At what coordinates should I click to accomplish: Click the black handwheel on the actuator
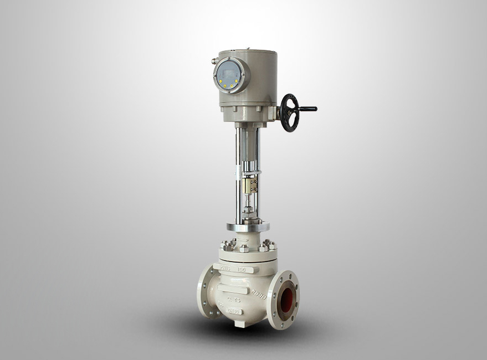pyautogui.click(x=289, y=112)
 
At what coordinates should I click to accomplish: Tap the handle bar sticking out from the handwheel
pyautogui.click(x=307, y=109)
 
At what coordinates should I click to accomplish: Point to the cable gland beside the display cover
pyautogui.click(x=214, y=61)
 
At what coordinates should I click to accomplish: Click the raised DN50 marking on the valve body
pyautogui.click(x=233, y=313)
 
